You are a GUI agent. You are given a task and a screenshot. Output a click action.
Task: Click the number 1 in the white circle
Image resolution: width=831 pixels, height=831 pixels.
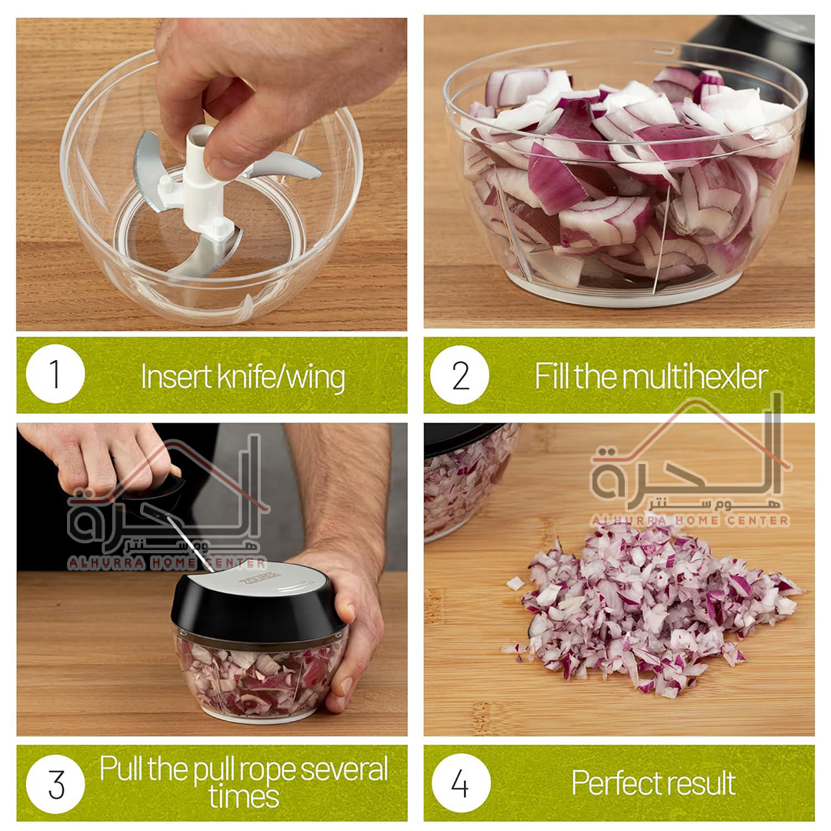(55, 374)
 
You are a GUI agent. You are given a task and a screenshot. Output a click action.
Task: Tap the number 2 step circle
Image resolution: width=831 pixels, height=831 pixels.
(459, 375)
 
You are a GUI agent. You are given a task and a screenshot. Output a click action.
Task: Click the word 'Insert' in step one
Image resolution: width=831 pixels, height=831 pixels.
(176, 377)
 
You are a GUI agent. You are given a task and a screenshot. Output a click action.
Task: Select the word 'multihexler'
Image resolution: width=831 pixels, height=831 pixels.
(695, 377)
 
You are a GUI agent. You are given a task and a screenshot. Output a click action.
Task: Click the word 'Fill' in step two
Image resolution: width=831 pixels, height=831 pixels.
(551, 376)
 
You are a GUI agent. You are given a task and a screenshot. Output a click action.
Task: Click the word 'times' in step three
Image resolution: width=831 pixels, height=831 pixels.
(244, 796)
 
